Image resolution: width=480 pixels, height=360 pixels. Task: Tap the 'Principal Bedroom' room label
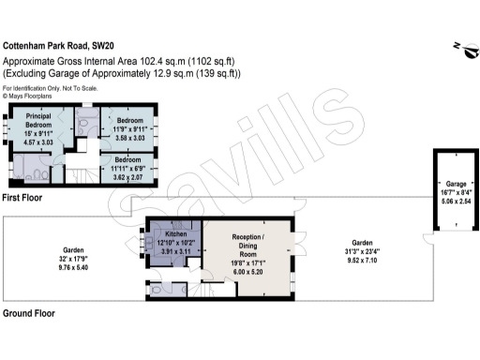pos(38,120)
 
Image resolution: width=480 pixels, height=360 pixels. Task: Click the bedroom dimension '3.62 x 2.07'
pos(130,176)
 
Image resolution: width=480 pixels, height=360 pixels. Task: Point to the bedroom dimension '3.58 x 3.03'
pos(131,138)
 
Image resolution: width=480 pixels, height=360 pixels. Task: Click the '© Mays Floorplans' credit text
pos(30,96)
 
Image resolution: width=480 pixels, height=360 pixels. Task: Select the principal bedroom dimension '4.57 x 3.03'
pos(38,142)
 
